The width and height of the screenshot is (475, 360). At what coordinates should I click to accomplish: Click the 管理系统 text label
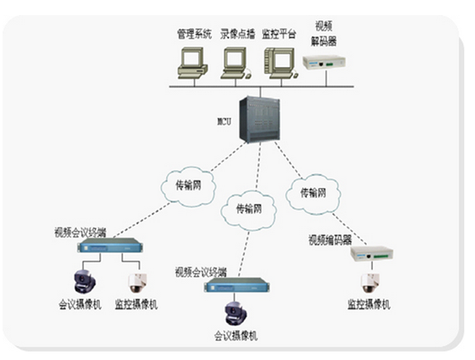tap(194, 34)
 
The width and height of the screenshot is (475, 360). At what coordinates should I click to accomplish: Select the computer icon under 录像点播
tap(235, 63)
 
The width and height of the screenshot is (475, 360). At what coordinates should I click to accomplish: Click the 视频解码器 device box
tap(324, 62)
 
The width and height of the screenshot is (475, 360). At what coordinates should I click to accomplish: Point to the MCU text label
tap(224, 121)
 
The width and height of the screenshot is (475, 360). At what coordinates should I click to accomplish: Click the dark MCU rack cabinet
tap(260, 119)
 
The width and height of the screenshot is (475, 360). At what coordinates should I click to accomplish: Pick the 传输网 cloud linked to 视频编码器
tap(313, 194)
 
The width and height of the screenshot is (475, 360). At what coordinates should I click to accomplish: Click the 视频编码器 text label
tap(330, 239)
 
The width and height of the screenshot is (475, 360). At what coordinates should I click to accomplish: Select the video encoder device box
tap(372, 254)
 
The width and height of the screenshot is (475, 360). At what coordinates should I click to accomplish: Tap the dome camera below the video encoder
tap(370, 283)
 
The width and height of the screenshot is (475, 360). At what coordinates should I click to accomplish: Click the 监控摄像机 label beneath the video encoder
tap(369, 304)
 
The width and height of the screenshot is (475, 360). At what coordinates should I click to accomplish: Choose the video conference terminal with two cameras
tap(111, 245)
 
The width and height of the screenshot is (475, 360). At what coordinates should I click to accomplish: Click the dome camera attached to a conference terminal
tap(138, 283)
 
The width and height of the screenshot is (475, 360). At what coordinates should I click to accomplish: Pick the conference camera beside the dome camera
tap(85, 282)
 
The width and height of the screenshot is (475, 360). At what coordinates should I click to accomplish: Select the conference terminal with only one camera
tap(237, 285)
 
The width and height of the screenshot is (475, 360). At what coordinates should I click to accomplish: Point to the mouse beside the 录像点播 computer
tap(248, 75)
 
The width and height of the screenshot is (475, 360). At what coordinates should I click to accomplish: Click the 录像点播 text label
tap(238, 34)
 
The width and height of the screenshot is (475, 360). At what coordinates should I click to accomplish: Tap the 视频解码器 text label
tap(324, 34)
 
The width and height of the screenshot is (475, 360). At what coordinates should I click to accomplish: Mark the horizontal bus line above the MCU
tap(262, 87)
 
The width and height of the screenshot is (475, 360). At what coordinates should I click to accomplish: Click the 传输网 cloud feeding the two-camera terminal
tap(188, 186)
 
